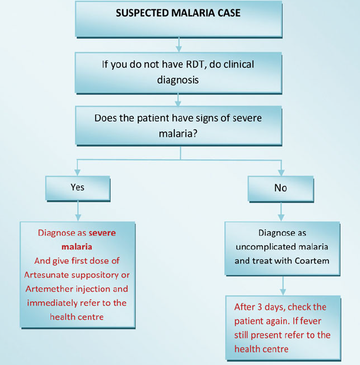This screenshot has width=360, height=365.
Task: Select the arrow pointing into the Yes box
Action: (x=77, y=170)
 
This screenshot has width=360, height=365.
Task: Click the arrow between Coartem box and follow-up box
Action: (x=283, y=285)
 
